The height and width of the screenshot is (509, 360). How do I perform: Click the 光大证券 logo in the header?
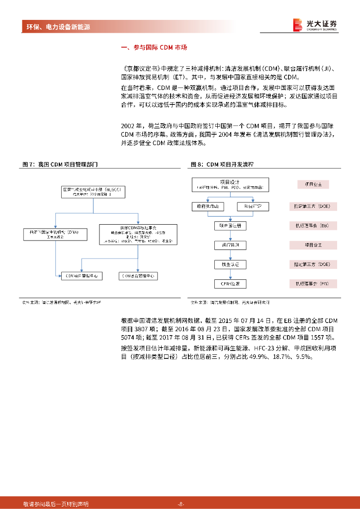pos(315,25)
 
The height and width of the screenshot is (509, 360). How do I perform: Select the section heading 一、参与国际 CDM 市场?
pos(154,48)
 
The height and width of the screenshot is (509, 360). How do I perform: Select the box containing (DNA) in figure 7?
pos(54,234)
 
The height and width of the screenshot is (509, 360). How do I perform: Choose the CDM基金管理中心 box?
pos(139,275)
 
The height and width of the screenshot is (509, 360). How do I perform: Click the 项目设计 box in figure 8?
pos(230,184)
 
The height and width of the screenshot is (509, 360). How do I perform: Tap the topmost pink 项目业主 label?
pos(313,184)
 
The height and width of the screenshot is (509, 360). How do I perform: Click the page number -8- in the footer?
pos(181,504)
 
